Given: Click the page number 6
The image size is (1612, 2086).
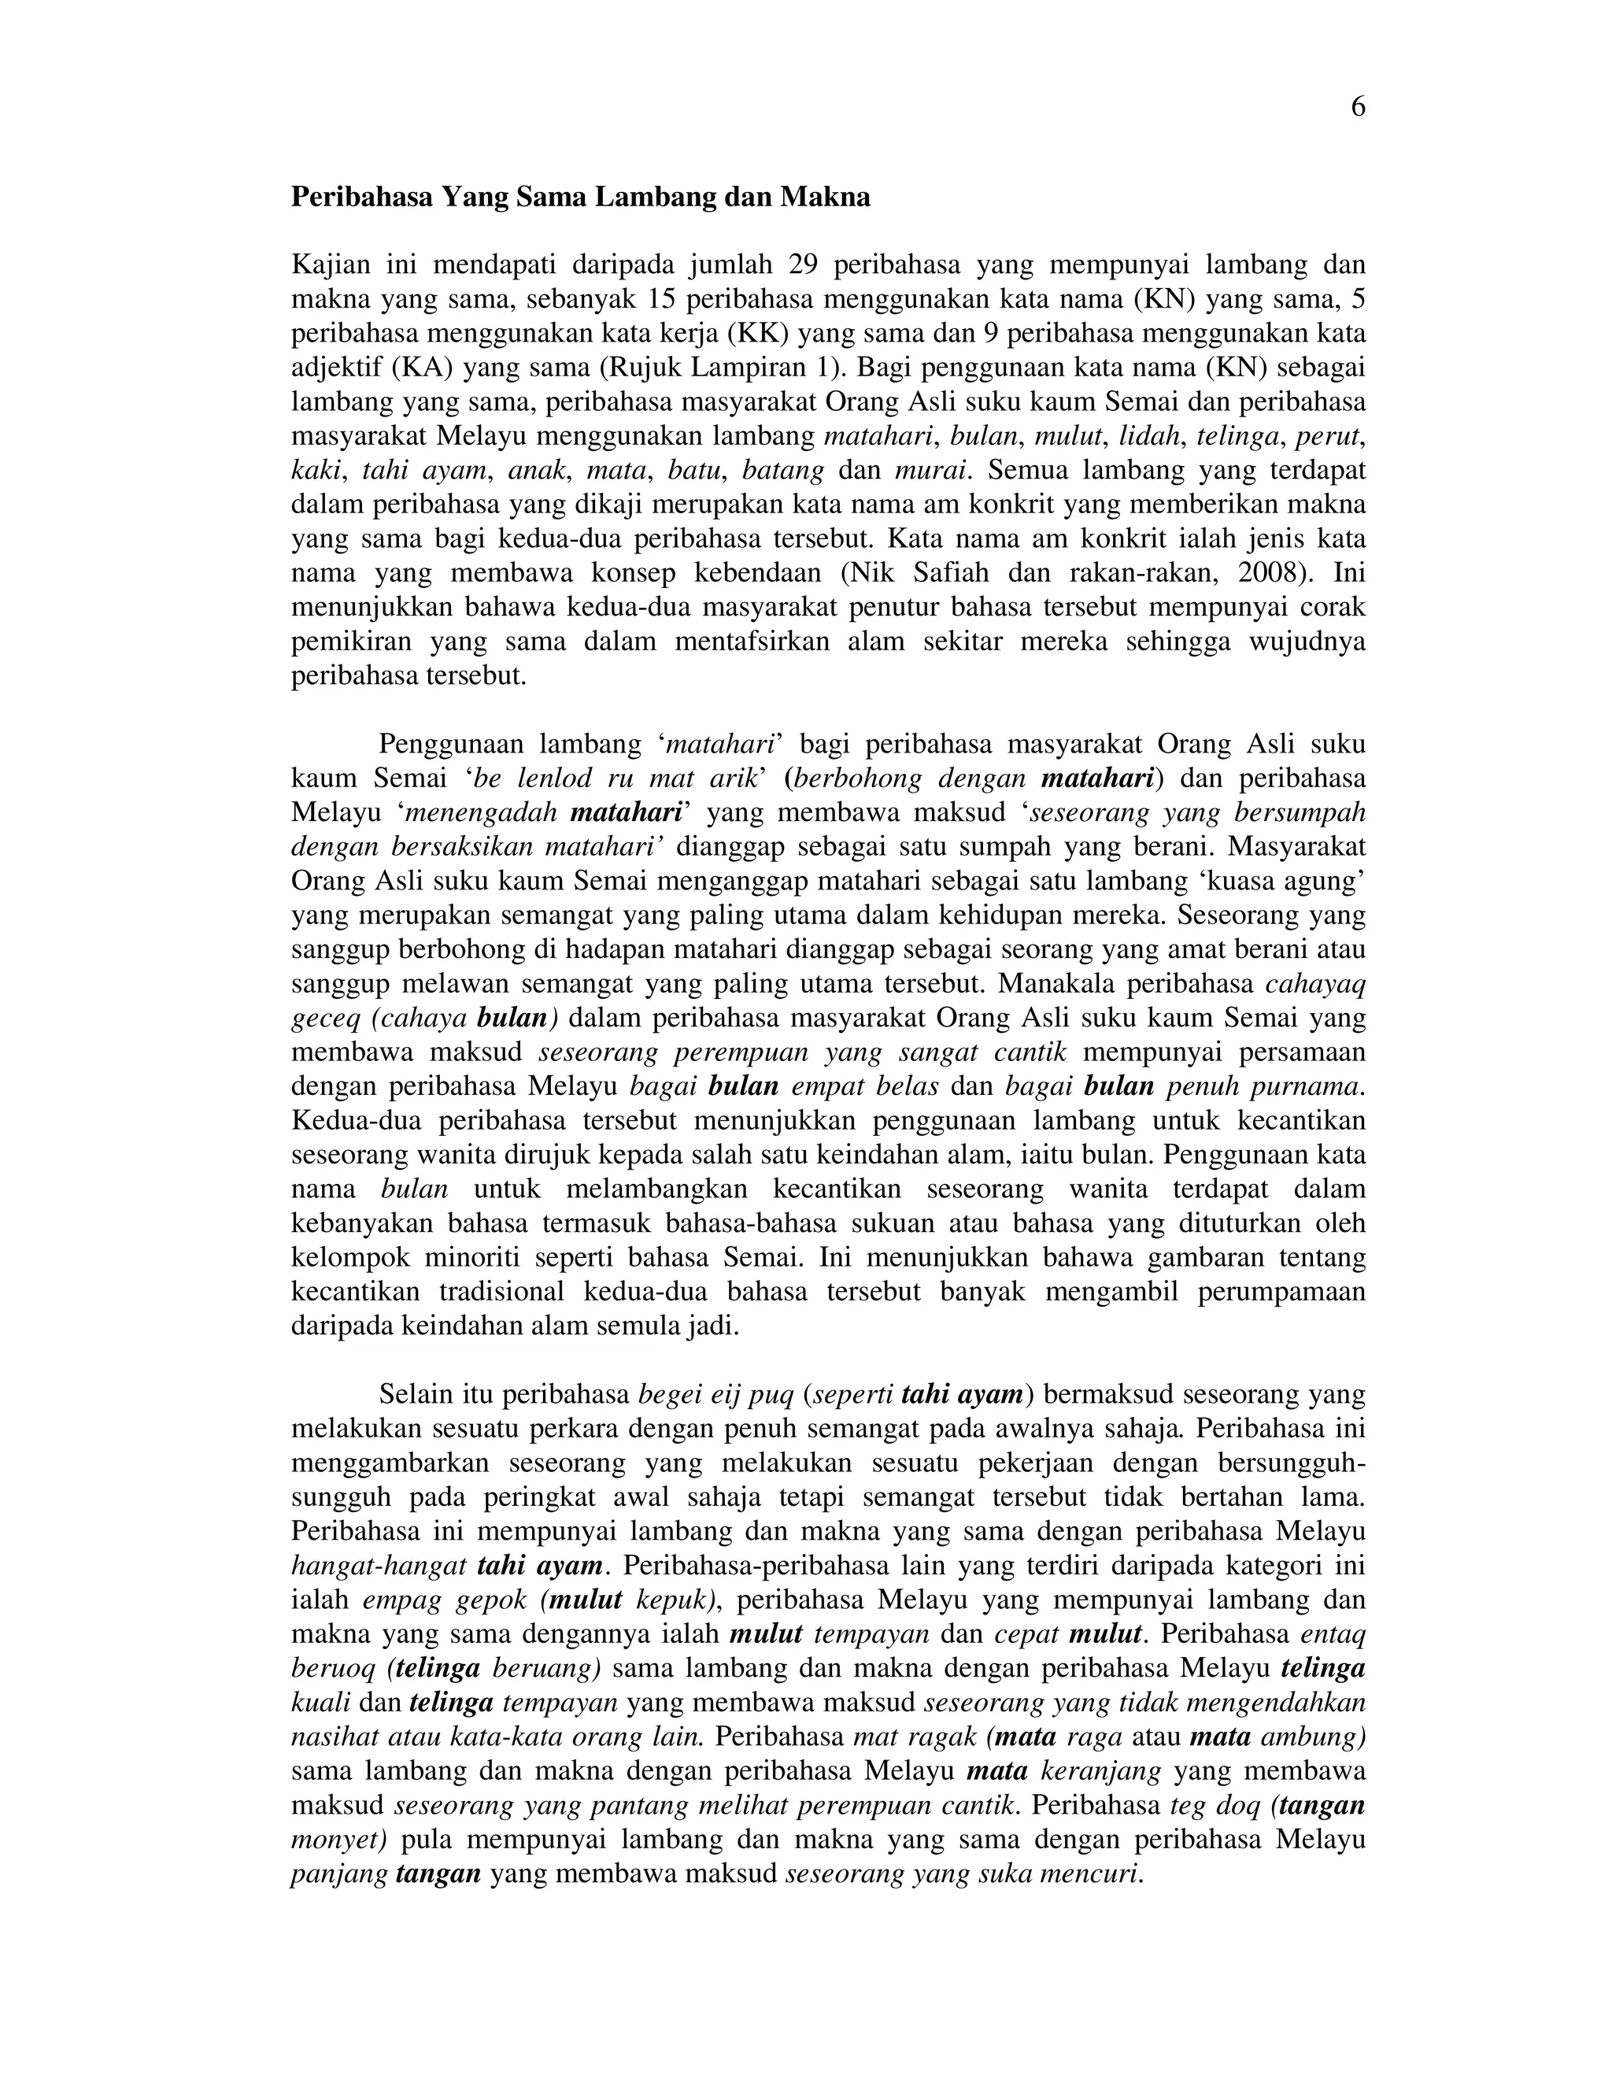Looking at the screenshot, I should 1357,107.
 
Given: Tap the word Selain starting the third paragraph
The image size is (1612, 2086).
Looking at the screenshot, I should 412,1395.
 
